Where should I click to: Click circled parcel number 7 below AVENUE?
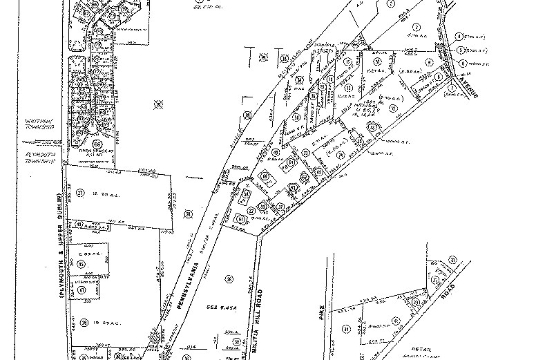click(x=452, y=88)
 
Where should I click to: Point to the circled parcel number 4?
click(x=459, y=36)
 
